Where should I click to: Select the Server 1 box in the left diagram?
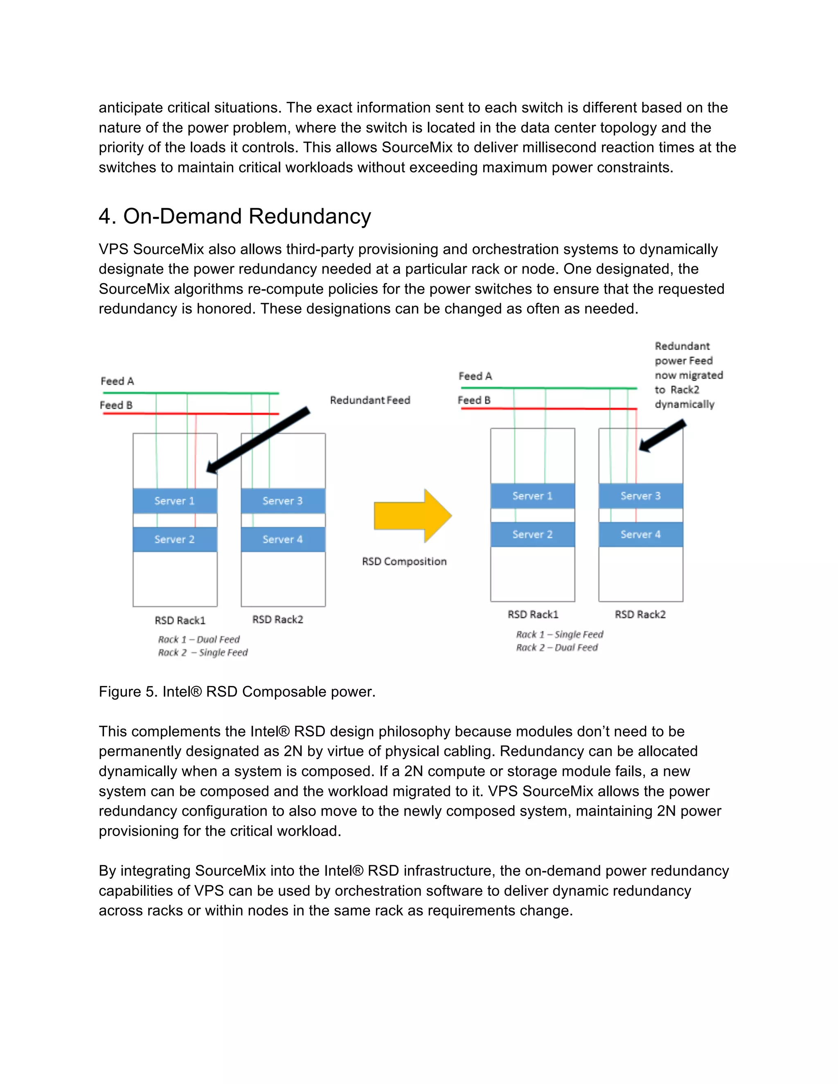tap(175, 501)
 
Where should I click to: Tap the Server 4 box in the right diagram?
tap(640, 535)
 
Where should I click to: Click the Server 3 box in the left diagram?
tap(283, 501)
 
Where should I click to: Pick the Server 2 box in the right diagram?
tap(532, 535)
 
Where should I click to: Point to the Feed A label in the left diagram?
tap(117, 381)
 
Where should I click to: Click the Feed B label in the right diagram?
tap(474, 400)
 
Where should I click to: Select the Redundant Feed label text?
tap(370, 400)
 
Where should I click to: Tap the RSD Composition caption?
tap(404, 561)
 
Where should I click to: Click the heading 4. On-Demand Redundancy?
tap(234, 216)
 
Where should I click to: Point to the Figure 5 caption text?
tap(237, 691)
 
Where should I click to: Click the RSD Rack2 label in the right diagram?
tap(640, 614)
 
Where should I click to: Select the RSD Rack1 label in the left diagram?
tap(180, 621)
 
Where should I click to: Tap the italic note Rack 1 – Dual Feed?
tap(198, 639)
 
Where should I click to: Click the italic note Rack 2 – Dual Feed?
tap(556, 647)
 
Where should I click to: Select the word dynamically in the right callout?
tap(684, 404)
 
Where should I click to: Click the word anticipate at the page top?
tap(131, 108)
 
